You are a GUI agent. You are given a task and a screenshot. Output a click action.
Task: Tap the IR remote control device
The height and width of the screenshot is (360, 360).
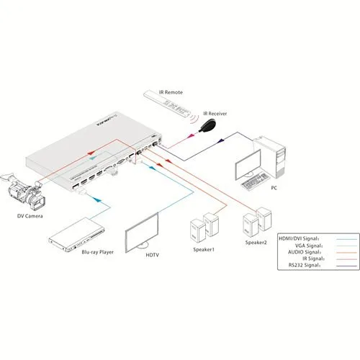168,104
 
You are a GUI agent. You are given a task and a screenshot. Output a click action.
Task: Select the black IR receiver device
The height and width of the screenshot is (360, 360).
207,127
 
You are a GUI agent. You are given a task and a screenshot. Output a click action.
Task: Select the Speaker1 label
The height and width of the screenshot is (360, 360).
203,248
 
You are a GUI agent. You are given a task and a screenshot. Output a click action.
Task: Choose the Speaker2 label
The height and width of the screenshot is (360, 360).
257,242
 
